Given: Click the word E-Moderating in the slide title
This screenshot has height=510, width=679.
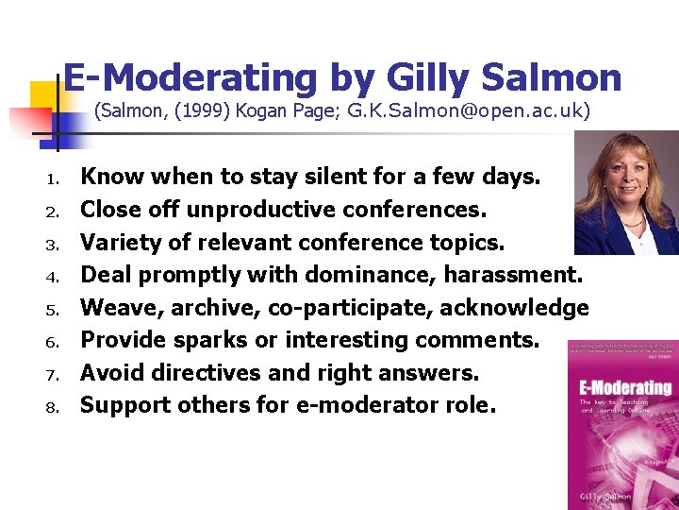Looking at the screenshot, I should click(190, 77).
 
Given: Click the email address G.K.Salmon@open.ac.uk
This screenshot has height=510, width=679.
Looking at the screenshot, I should click(469, 111).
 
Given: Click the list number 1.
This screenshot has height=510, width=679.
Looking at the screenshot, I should click(55, 178).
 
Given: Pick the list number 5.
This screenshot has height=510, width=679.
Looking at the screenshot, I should click(55, 309).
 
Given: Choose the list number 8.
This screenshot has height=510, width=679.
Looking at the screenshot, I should click(55, 407).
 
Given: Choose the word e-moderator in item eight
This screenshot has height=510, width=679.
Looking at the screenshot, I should click(365, 406).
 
